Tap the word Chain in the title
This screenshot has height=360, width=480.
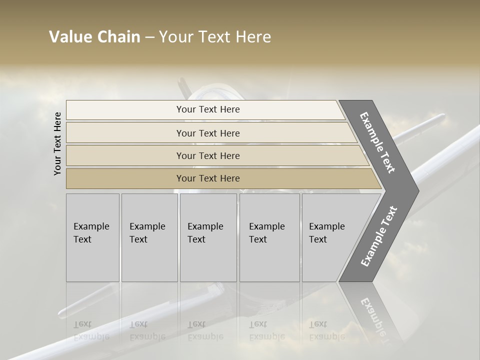point(119,37)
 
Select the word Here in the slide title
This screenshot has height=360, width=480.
point(252,37)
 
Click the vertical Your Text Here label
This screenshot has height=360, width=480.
point(57,143)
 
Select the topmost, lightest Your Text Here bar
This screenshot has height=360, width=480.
point(207,109)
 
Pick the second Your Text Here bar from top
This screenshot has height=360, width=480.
point(207,133)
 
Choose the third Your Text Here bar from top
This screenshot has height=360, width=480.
point(207,155)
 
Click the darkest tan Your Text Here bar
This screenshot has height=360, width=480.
point(207,178)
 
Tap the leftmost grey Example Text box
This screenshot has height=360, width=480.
point(92,237)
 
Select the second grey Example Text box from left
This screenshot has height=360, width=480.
point(149,237)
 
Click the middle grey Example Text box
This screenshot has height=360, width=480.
point(208,237)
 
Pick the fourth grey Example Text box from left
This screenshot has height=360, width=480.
point(269,237)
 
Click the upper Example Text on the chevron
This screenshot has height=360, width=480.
point(378,143)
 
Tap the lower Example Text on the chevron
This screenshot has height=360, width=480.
point(378,236)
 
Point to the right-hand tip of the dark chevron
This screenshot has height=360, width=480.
point(417,190)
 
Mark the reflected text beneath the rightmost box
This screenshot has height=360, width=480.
point(326,330)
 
